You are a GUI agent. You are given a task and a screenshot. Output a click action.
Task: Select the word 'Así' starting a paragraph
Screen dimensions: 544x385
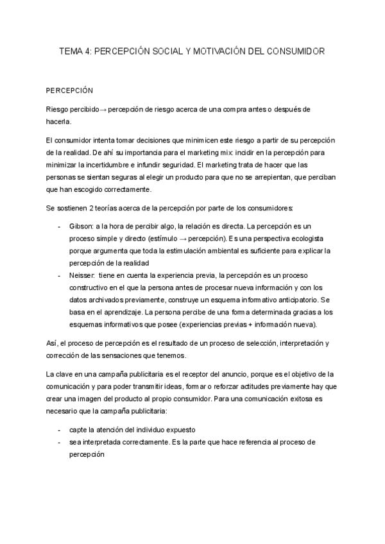[x=52, y=343]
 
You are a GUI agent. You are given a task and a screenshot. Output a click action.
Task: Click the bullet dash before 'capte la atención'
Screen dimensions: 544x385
[x=58, y=429]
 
